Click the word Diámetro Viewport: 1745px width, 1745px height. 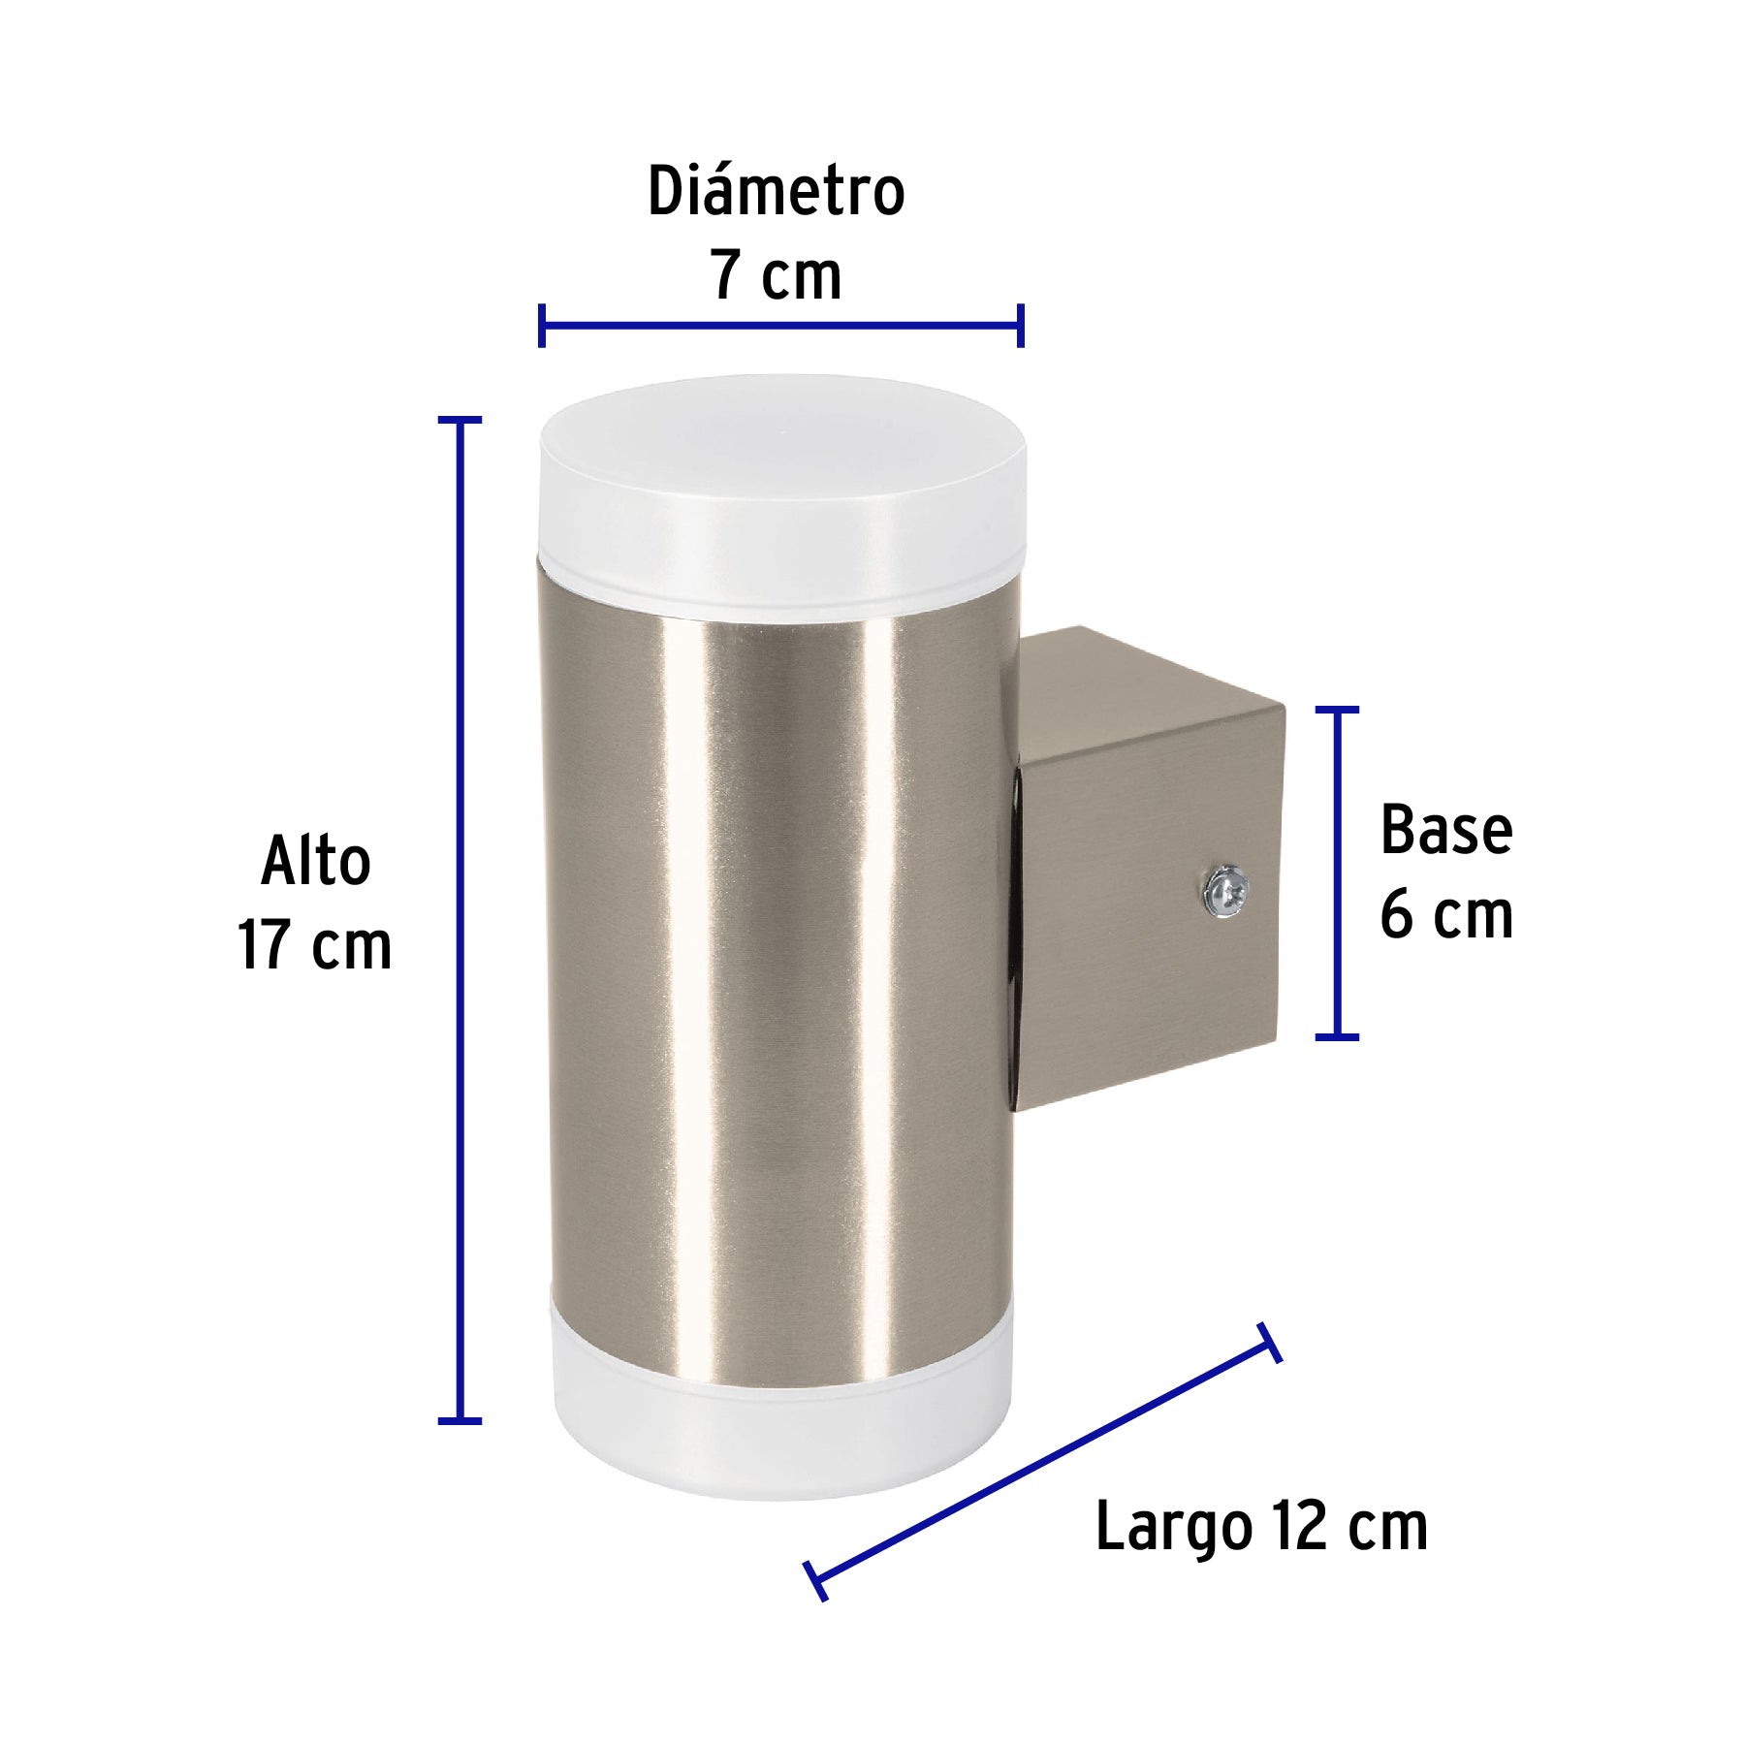pos(776,192)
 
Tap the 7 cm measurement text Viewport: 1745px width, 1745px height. pos(776,276)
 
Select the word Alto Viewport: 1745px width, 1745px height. pos(316,861)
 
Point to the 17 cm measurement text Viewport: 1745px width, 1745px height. pos(315,945)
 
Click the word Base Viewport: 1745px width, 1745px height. pos(1445,831)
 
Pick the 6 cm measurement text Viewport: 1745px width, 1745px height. pos(1445,915)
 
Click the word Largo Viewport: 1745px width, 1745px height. pos(1173,1528)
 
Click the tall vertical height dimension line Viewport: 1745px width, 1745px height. pos(460,921)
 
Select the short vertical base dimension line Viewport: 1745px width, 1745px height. pos(1337,872)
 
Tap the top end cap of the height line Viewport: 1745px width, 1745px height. pos(460,420)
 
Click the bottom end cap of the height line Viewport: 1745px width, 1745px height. pos(460,1421)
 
